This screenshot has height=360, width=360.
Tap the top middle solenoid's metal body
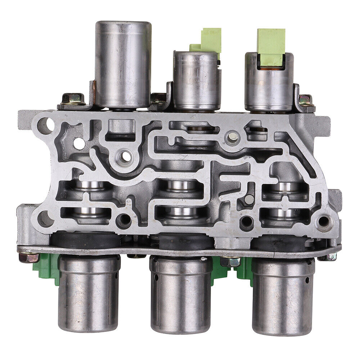[195, 81]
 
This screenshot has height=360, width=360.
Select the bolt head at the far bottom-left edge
[28, 257]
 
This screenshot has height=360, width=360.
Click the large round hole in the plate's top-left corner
[46, 125]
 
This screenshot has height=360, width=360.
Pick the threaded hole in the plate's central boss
[125, 156]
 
